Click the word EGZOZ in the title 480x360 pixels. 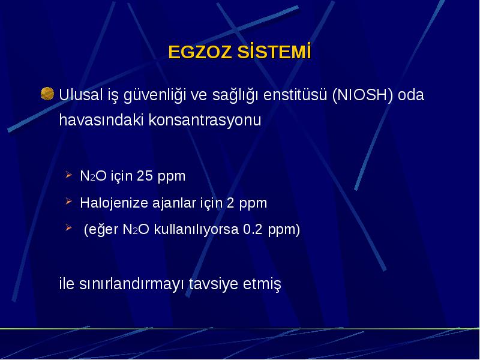click(x=200, y=52)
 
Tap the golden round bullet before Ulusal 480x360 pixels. click(x=47, y=94)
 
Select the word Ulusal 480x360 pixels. click(x=80, y=95)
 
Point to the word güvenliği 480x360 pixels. click(x=155, y=95)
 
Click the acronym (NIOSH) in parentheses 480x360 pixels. click(x=362, y=95)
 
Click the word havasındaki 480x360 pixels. click(x=101, y=119)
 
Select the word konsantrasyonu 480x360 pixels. click(x=205, y=121)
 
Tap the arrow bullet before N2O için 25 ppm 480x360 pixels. click(x=68, y=175)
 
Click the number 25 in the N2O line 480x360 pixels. click(x=145, y=176)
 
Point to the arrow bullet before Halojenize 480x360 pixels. click(x=68, y=202)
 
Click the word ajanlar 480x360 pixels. click(x=174, y=203)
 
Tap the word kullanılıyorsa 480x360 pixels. click(x=196, y=230)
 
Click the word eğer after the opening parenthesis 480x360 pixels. click(x=101, y=230)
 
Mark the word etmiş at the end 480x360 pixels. click(x=262, y=284)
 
